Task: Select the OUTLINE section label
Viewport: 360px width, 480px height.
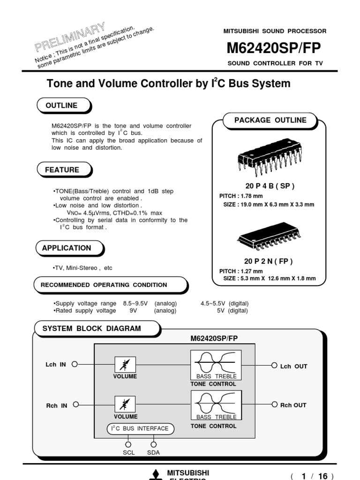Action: pos(61,105)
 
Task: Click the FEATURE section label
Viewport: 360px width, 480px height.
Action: pos(62,170)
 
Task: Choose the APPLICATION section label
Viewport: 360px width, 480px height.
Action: pos(67,248)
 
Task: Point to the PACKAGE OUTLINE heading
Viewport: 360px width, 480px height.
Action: pos(270,120)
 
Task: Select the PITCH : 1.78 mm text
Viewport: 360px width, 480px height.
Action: pos(241,196)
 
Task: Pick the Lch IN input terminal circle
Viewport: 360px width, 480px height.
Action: pos(74,364)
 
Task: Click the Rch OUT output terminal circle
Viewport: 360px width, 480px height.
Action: pos(274,405)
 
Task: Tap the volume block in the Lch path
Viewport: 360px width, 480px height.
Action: pos(125,364)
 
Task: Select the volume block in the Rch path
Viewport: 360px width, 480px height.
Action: pos(125,404)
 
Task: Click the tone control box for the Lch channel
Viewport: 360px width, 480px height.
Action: pos(216,365)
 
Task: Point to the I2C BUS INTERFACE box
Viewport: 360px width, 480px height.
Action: pos(141,428)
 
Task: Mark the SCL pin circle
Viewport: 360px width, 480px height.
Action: pos(128,444)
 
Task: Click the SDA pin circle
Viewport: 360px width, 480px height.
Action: pos(154,444)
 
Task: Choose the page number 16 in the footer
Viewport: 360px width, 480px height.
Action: pos(322,476)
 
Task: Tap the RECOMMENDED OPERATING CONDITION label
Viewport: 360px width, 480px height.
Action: pos(104,285)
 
